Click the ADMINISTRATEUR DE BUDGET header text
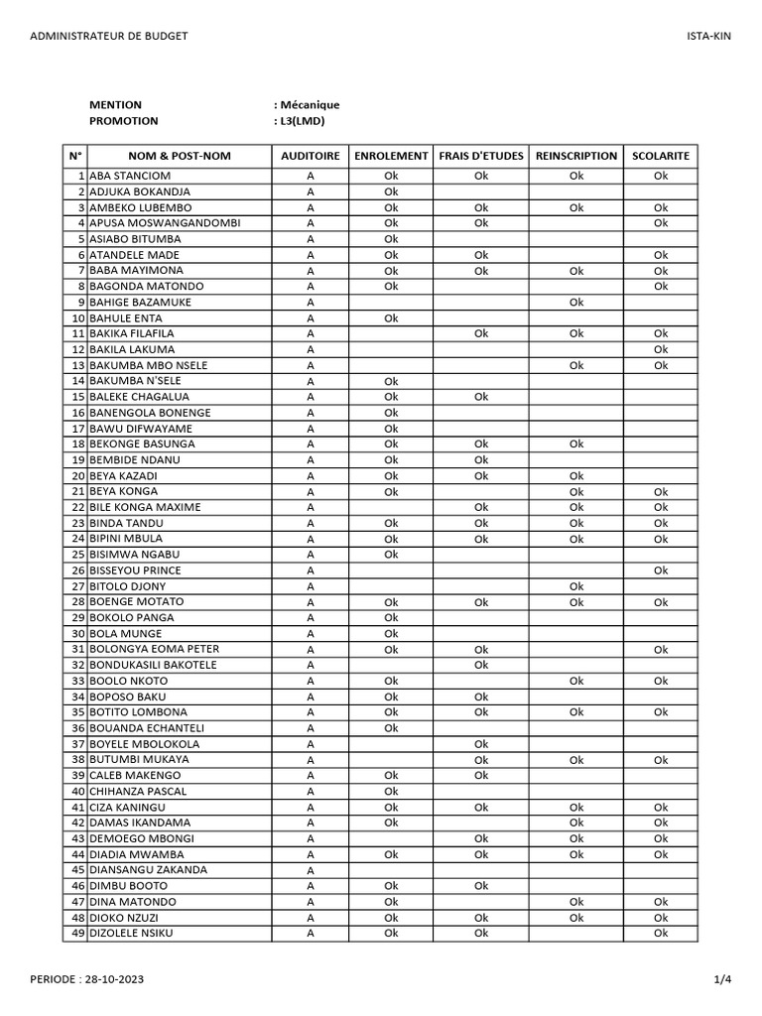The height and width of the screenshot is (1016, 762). click(x=109, y=36)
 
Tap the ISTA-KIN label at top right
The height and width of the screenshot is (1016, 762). click(x=708, y=36)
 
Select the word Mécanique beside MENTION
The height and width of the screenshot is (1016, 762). click(x=310, y=104)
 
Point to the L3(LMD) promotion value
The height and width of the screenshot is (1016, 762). click(x=302, y=121)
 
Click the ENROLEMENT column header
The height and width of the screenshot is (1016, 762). click(x=391, y=156)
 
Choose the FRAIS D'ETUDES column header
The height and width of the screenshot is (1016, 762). click(x=481, y=156)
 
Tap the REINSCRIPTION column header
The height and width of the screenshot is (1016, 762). click(x=576, y=156)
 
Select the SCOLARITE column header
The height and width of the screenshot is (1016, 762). click(x=661, y=156)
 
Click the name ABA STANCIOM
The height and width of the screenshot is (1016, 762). click(x=129, y=176)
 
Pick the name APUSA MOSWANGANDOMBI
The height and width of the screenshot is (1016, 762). click(x=165, y=223)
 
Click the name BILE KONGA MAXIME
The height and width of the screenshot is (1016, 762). click(x=145, y=507)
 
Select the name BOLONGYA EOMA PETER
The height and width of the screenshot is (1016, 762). click(x=154, y=649)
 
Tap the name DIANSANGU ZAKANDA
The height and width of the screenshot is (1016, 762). click(x=149, y=870)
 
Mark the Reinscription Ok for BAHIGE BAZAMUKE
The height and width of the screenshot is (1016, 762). click(x=576, y=302)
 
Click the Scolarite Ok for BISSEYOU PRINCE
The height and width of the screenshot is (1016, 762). click(x=661, y=571)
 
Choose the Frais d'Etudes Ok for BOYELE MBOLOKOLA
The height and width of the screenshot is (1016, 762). click(x=481, y=744)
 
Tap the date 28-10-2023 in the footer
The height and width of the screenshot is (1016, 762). click(x=111, y=979)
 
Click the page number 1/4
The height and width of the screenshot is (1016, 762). click(x=722, y=979)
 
